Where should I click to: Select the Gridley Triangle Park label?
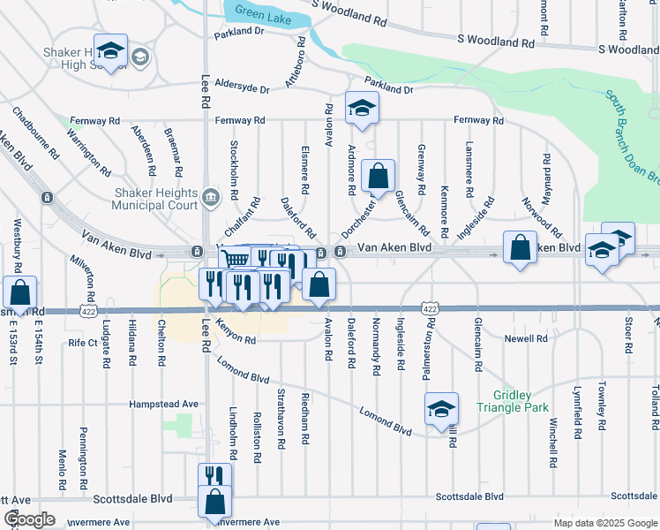[513, 401]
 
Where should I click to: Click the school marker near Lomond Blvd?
[441, 408]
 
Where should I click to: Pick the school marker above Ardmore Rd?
[361, 108]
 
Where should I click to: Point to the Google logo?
[28, 519]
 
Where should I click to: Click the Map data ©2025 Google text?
[604, 523]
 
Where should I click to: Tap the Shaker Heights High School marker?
[111, 52]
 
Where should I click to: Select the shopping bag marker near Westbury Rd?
[19, 292]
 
